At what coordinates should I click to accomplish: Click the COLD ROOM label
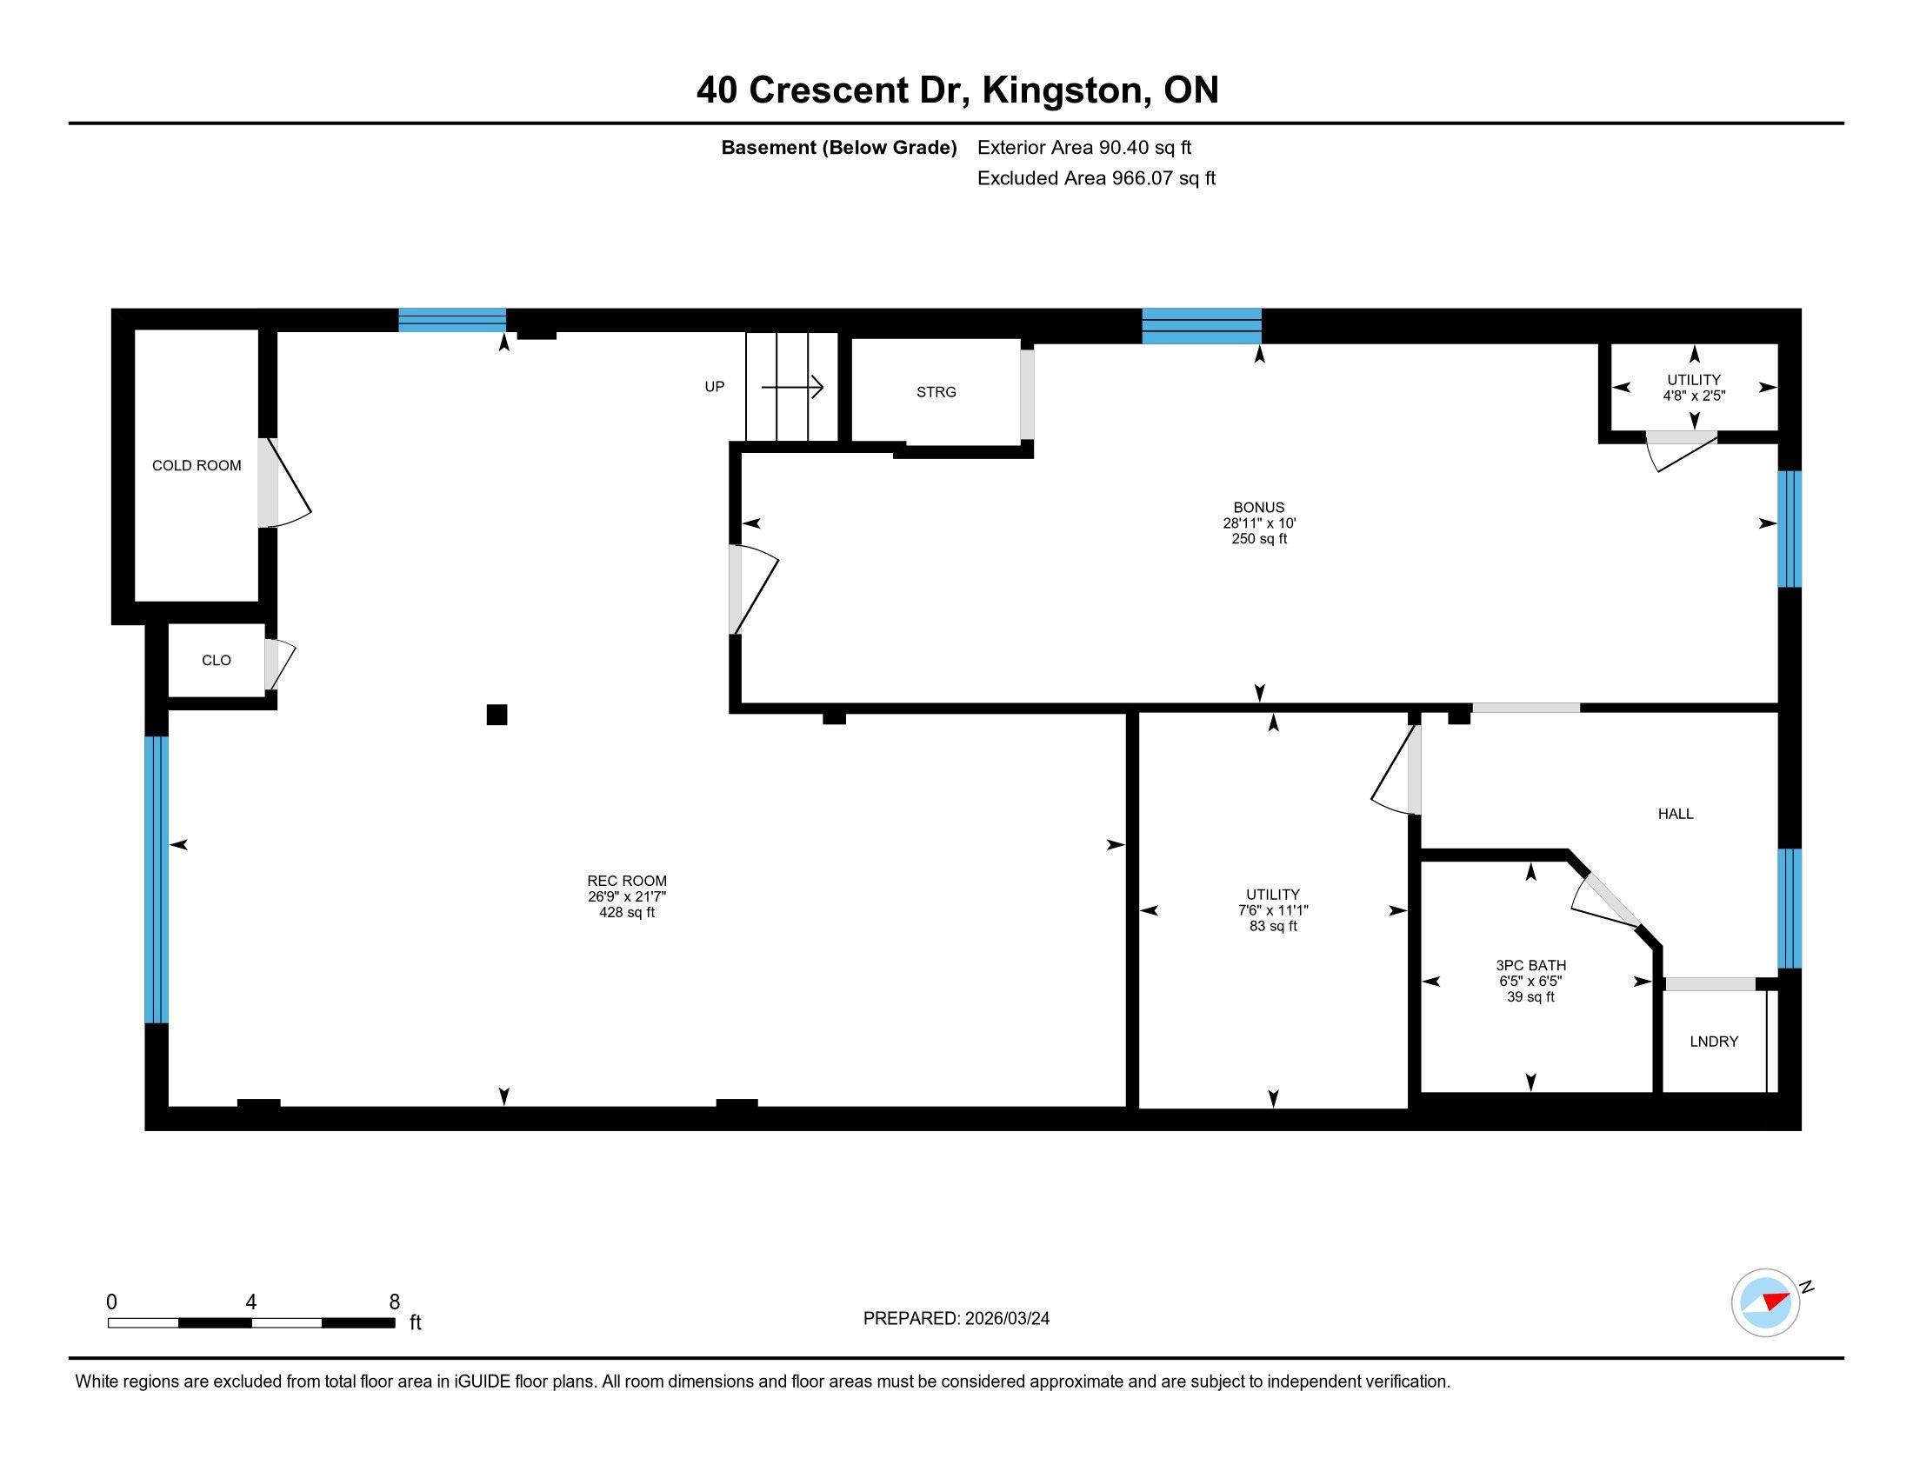(197, 466)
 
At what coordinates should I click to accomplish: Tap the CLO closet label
(217, 660)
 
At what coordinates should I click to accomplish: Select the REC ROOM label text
(627, 881)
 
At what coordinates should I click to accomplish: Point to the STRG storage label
(937, 392)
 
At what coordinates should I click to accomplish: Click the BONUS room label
(1259, 508)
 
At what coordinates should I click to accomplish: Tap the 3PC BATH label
(1531, 966)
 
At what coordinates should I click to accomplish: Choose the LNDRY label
(1714, 1042)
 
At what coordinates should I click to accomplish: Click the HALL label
(1676, 815)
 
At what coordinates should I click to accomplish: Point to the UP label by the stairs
(715, 387)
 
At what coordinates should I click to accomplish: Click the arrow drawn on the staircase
(793, 386)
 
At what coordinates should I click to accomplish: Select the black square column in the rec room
(497, 715)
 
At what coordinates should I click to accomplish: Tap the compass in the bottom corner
(1766, 1302)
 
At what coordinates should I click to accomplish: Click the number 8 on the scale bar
(394, 1302)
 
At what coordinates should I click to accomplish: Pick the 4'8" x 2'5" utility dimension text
(1694, 396)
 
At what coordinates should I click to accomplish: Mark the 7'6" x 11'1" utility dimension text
(1273, 910)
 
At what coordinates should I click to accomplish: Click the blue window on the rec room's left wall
(156, 879)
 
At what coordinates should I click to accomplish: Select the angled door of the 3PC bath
(1605, 901)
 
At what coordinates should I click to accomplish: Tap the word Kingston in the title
(1063, 90)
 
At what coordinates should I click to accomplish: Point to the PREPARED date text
(956, 1319)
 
